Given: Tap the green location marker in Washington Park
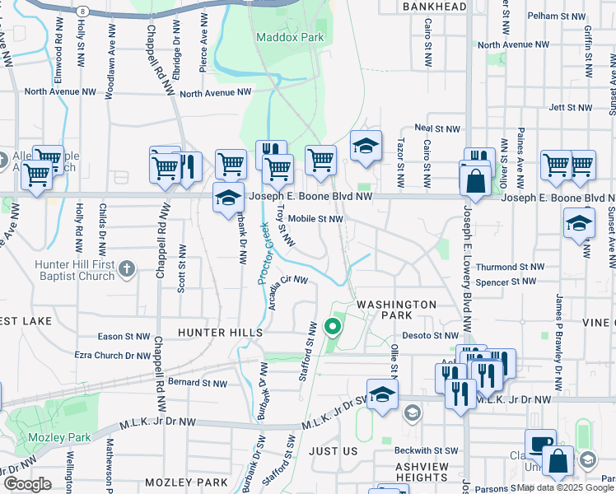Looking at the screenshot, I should pyautogui.click(x=333, y=328).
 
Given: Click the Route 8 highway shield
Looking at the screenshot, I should pyautogui.click(x=84, y=11).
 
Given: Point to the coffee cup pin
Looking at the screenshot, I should pyautogui.click(x=540, y=445).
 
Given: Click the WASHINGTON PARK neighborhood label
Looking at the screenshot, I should pyautogui.click(x=396, y=310).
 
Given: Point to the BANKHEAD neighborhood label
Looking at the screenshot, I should pyautogui.click(x=435, y=7).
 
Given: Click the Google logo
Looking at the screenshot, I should pyautogui.click(x=27, y=484).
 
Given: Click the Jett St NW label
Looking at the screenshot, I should pyautogui.click(x=570, y=107).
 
